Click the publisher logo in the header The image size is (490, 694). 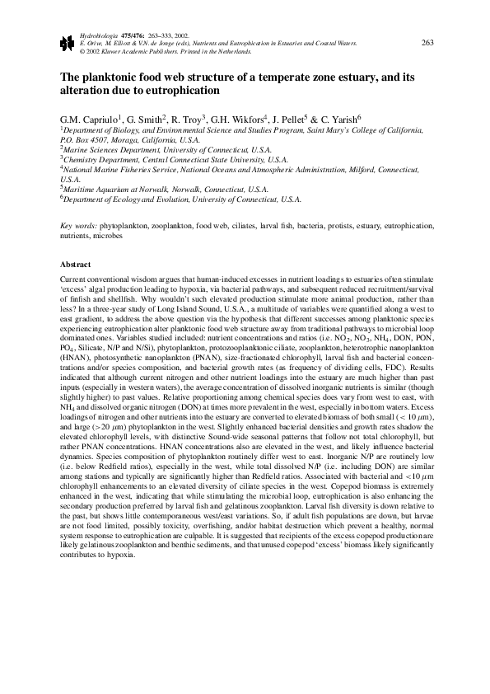(67, 44)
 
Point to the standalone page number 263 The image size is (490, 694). (427, 43)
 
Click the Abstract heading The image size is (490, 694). (77, 265)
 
